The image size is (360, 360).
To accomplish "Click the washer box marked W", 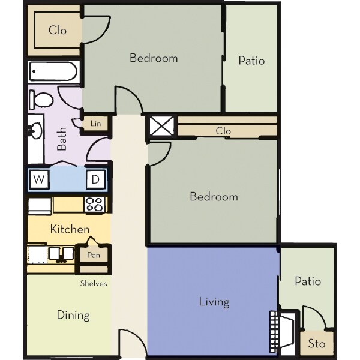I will coord(39,179).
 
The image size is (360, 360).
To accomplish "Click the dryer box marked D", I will coord(95,179).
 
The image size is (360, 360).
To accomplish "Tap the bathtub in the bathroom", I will coord(53,73).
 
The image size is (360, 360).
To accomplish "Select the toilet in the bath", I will coord(42,99).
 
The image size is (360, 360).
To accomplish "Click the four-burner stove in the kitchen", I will coord(94,204).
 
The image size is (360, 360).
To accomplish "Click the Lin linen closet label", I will coord(95,124).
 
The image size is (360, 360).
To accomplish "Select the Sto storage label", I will coord(316,344).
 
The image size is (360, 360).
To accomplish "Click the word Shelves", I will coord(94,283).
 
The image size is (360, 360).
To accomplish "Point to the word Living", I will coord(214,301).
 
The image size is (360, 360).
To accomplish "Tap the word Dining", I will coord(73,315).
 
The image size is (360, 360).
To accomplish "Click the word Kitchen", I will coord(70,229).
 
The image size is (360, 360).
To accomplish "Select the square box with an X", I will coord(161,127).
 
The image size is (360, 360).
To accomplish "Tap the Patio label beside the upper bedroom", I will coord(251,61).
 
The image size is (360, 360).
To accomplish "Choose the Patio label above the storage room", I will coord(307,281).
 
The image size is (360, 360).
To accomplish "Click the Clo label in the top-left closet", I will coord(58,30).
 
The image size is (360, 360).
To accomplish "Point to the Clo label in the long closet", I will coord(223,131).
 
